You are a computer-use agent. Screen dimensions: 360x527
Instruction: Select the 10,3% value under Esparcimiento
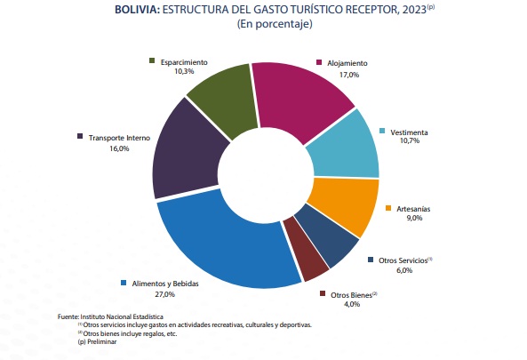click(x=185, y=71)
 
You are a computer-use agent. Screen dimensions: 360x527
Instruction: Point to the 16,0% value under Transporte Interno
click(x=119, y=148)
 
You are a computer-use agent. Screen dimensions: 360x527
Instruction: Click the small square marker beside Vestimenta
click(x=384, y=132)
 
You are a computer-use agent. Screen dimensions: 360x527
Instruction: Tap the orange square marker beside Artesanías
click(x=388, y=208)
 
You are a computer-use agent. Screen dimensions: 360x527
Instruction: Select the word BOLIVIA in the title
click(x=140, y=10)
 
